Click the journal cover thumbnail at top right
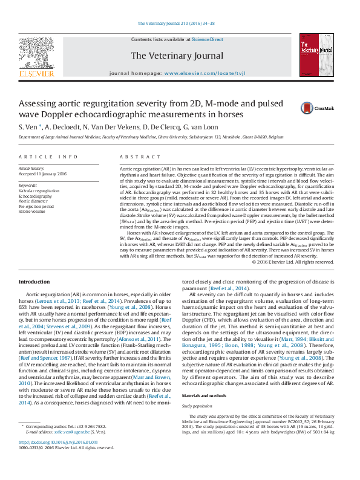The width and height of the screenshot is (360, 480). point(315,56)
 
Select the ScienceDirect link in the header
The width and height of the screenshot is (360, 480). point(208,39)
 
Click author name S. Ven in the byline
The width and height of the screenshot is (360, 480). point(28,127)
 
